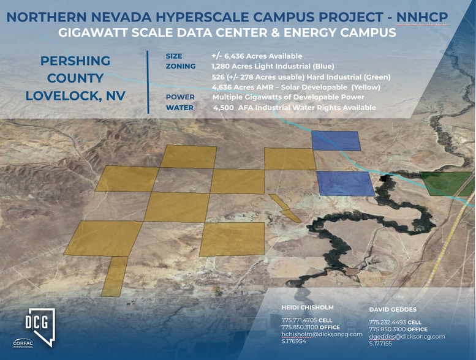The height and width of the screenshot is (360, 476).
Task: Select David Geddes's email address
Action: click(406, 337)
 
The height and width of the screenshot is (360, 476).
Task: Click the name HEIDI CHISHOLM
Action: click(307, 308)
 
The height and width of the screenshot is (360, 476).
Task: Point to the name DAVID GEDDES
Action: click(393, 310)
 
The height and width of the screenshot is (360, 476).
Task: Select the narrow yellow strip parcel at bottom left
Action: click(115, 276)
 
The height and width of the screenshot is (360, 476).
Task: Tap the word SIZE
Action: click(174, 56)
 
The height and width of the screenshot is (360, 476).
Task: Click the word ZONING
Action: click(180, 66)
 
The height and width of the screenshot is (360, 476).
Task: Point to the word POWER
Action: click(180, 97)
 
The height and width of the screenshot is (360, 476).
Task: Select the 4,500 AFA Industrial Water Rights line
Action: click(294, 108)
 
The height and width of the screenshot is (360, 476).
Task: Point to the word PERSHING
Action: click(75, 61)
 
